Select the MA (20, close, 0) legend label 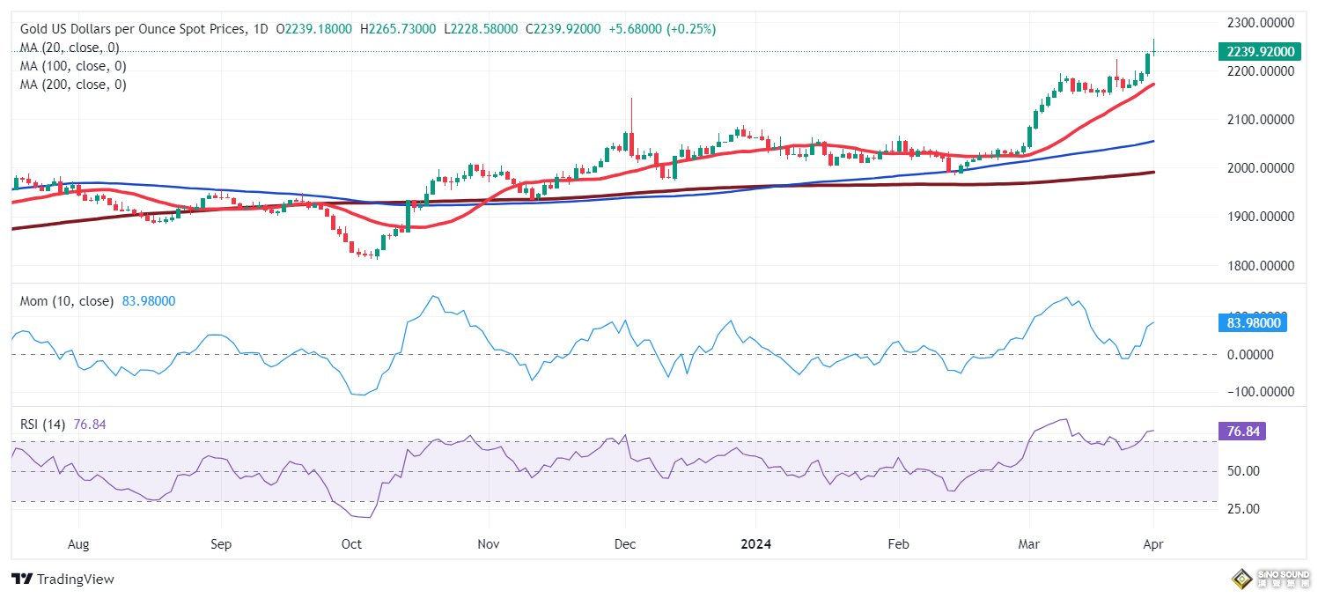[70, 48]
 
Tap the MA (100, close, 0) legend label [73, 66]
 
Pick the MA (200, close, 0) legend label [73, 85]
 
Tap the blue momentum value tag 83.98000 [1251, 323]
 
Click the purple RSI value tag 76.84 [1241, 432]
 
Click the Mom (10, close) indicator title [67, 301]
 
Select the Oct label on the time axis [351, 544]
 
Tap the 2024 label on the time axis [755, 544]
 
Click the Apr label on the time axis [1152, 544]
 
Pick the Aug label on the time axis [78, 544]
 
